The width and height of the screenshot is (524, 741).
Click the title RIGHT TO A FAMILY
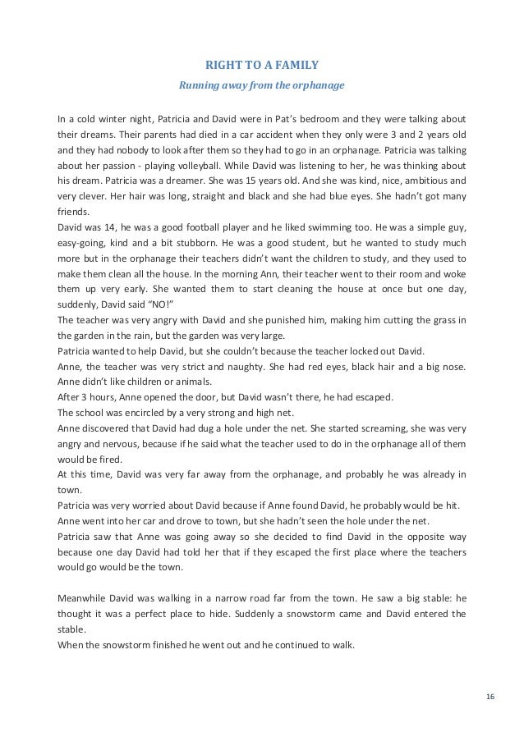[x=263, y=66]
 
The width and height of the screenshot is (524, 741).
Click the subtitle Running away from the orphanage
[x=263, y=85]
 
